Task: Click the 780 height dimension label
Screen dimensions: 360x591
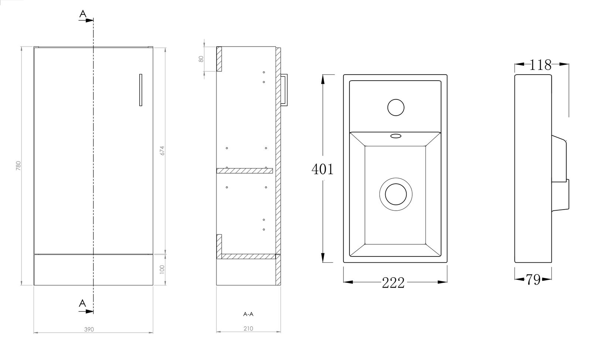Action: (x=18, y=165)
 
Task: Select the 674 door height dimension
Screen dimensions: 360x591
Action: (x=161, y=150)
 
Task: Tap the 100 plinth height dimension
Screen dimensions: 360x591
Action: (x=161, y=269)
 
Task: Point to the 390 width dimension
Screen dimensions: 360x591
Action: (x=89, y=329)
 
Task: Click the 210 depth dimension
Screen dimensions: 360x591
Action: (x=248, y=328)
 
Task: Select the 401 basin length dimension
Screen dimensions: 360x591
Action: (x=322, y=169)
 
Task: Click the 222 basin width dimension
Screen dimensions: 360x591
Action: (x=393, y=283)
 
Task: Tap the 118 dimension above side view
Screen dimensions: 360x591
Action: (x=540, y=65)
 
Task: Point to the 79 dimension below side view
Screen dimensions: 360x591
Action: (x=533, y=280)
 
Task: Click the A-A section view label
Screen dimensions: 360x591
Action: (x=248, y=314)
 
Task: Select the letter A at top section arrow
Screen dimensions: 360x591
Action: (x=83, y=14)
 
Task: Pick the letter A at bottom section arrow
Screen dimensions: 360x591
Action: (x=83, y=303)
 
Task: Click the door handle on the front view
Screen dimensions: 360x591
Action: (x=141, y=90)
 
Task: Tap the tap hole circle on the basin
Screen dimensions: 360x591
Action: (x=396, y=107)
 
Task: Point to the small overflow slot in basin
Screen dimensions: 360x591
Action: (x=396, y=136)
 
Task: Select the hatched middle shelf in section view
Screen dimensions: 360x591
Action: (x=245, y=170)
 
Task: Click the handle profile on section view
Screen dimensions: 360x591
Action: (x=284, y=90)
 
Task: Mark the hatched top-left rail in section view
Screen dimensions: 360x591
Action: (x=219, y=59)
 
